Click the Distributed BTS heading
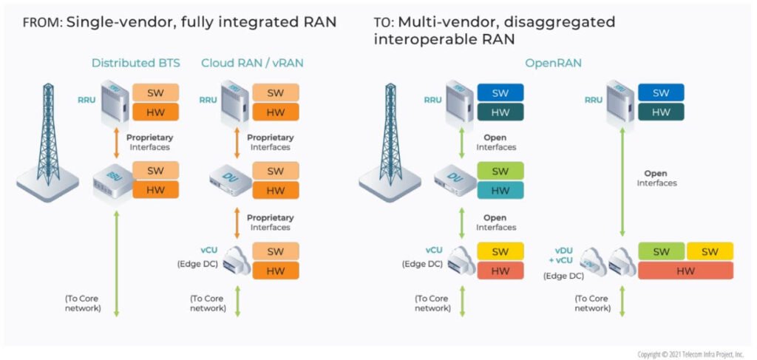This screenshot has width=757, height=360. point(135,63)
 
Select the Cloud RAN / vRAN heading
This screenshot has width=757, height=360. point(252,63)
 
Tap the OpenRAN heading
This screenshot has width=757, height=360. point(554,63)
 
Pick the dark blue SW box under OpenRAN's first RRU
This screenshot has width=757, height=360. point(500,92)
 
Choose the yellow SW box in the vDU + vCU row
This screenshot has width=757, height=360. point(710,251)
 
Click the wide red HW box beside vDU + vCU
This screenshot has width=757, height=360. point(685,271)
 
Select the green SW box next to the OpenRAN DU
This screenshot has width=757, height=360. point(500,171)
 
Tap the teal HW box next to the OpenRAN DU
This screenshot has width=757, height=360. point(500,191)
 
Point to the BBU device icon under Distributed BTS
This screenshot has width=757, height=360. point(111,182)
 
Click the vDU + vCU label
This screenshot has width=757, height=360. point(564,256)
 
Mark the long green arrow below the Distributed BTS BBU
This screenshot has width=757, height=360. point(116,263)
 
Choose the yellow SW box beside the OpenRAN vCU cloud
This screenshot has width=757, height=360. point(500,251)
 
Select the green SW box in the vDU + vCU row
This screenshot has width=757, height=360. point(661,251)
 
